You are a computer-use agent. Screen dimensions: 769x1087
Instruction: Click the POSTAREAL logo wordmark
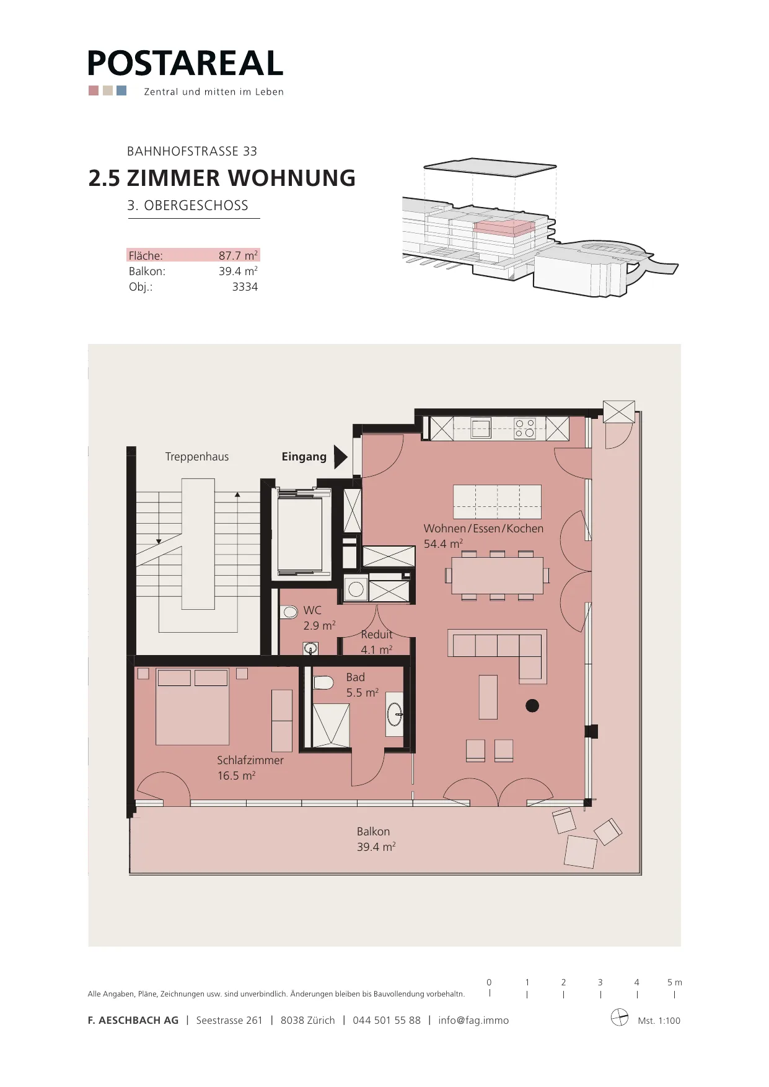tap(185, 63)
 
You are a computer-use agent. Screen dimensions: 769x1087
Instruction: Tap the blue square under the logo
tap(121, 90)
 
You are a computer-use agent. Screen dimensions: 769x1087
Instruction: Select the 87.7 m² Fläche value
tap(238, 255)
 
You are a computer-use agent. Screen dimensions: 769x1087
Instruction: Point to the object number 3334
tap(245, 287)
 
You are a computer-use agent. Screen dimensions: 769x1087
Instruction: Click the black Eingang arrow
tap(340, 457)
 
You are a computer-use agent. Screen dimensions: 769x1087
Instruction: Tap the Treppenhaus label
tap(197, 457)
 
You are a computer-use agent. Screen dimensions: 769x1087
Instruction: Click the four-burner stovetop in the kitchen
tap(525, 428)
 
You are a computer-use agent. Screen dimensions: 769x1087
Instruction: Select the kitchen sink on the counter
tap(481, 428)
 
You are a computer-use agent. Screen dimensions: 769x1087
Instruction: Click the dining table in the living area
tap(497, 576)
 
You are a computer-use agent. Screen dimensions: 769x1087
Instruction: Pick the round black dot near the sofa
tap(532, 705)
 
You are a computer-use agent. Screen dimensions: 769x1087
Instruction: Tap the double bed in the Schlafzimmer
tap(193, 706)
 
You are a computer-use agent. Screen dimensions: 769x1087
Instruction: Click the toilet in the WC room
tap(289, 612)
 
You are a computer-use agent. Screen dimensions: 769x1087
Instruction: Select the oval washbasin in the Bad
tap(394, 715)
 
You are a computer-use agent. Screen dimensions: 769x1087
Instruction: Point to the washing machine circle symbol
tap(356, 589)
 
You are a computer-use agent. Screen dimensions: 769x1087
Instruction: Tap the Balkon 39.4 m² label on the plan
tap(376, 839)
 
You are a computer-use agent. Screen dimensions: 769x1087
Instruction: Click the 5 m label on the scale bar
tap(675, 982)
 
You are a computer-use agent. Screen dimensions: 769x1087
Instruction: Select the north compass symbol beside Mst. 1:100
tap(620, 1018)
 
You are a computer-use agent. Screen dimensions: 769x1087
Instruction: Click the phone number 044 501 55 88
tap(387, 1020)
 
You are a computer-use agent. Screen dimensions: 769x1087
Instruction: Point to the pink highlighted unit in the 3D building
tap(504, 227)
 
